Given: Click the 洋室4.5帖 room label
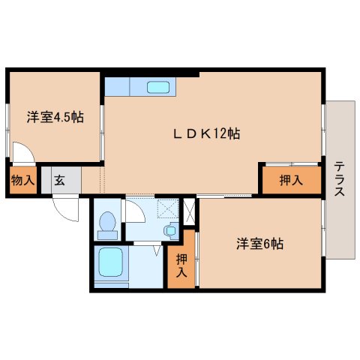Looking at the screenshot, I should (x=55, y=117).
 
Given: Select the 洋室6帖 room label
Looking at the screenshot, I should (x=259, y=244).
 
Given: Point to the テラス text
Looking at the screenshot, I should (x=339, y=178).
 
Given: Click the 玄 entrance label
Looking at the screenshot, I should (x=57, y=180).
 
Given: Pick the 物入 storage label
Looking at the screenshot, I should (x=22, y=180).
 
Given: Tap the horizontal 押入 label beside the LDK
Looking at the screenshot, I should (x=290, y=179).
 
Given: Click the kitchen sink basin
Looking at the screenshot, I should (x=158, y=87).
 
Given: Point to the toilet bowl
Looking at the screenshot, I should (x=108, y=222).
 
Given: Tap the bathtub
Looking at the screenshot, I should (x=112, y=265).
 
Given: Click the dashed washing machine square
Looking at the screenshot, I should (x=169, y=209).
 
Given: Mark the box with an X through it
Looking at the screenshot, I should (x=189, y=211).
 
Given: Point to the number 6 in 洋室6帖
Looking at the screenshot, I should (x=267, y=244).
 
